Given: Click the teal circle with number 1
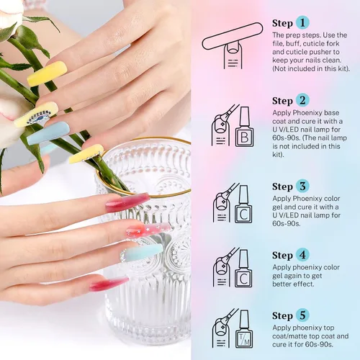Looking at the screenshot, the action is coord(302,22).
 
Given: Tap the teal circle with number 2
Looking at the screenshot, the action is coord(302,100).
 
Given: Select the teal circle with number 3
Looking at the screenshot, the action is coord(302,186).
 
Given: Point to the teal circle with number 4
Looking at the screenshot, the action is coord(302,255).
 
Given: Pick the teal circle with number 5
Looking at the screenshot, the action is coord(302,315).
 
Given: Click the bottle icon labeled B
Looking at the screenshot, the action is coord(244,127).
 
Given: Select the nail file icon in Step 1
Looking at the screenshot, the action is coord(233,36).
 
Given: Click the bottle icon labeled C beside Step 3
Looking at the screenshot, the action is coord(243,204).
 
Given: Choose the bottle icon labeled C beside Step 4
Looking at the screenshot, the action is coord(243,269).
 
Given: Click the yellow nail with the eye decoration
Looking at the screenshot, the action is coord(37,114).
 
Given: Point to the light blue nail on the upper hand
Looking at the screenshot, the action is coord(48,133).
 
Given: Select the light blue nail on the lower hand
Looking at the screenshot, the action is coord(142,253).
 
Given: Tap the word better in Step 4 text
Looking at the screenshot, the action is coord(282,284).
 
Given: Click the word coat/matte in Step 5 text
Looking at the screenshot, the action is coord(292,336).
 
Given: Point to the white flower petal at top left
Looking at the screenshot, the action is coord(9,13).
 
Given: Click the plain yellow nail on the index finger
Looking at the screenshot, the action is coord(48,73).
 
